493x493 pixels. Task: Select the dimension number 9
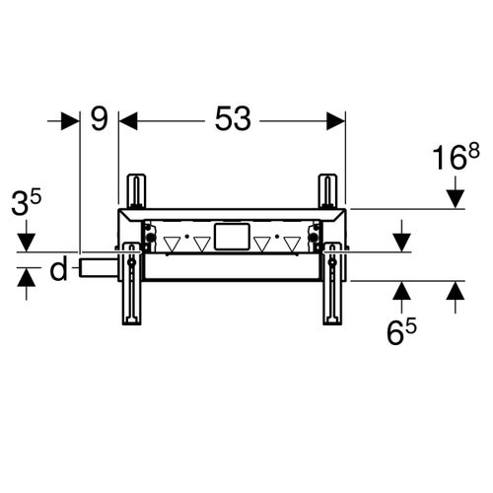(99, 119)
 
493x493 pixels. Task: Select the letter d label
(59, 268)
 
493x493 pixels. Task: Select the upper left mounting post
(133, 189)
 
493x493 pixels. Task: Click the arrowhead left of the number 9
(71, 120)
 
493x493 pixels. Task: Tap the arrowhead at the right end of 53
(337, 120)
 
